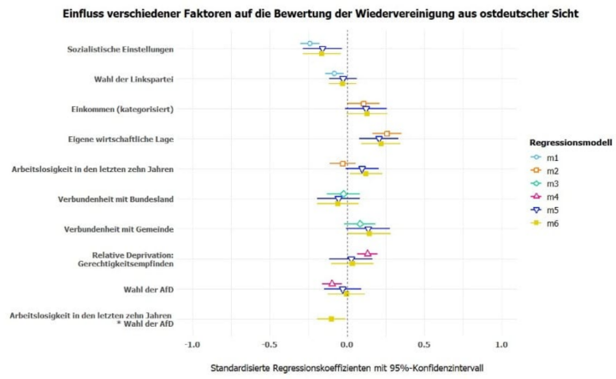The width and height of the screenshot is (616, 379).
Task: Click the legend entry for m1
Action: [x=555, y=157]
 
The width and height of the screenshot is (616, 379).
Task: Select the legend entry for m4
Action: [x=555, y=197]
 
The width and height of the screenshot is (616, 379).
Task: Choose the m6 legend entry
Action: [x=555, y=223]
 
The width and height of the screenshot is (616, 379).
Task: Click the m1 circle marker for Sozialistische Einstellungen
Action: [x=311, y=43]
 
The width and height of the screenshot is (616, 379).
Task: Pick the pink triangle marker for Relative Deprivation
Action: [x=368, y=253]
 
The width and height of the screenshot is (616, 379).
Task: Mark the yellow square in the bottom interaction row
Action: [x=331, y=319]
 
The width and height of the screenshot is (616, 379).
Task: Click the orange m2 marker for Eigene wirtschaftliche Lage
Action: [x=387, y=133]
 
